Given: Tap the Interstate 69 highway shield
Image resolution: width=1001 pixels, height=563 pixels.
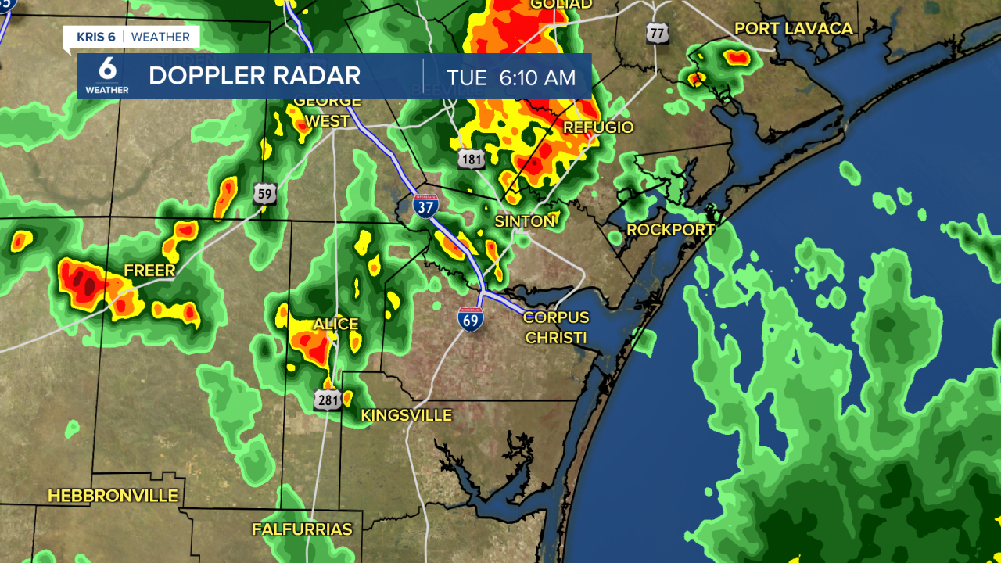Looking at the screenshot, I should point(471,317).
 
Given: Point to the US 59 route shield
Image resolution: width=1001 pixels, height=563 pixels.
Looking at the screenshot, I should point(265,193).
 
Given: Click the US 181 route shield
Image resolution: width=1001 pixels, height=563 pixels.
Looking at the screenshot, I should point(472,159).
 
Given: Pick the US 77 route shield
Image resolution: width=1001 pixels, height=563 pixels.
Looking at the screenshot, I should point(658,32).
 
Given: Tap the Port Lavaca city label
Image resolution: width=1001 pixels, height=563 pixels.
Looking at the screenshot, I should point(793,29).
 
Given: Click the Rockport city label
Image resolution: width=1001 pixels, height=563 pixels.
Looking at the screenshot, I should point(670,230).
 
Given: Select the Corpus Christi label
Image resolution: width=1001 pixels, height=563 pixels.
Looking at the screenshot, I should point(555,328).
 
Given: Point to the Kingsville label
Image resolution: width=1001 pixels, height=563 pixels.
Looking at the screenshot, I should point(406,415).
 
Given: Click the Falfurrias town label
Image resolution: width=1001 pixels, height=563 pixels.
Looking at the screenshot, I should point(302,529).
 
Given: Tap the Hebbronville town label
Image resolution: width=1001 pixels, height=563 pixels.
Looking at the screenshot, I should point(113,496).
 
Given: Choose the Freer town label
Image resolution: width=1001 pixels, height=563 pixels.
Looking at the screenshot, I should point(149,271).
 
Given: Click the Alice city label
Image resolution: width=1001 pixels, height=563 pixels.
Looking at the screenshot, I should point(335,324).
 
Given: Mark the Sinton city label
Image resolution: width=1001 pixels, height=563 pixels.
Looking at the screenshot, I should point(524,221).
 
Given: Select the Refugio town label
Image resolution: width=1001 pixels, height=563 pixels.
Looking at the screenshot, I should point(598,127).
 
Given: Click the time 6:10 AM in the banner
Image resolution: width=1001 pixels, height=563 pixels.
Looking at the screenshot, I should point(511,77).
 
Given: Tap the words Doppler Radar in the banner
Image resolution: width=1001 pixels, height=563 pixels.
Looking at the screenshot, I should point(254,76).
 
